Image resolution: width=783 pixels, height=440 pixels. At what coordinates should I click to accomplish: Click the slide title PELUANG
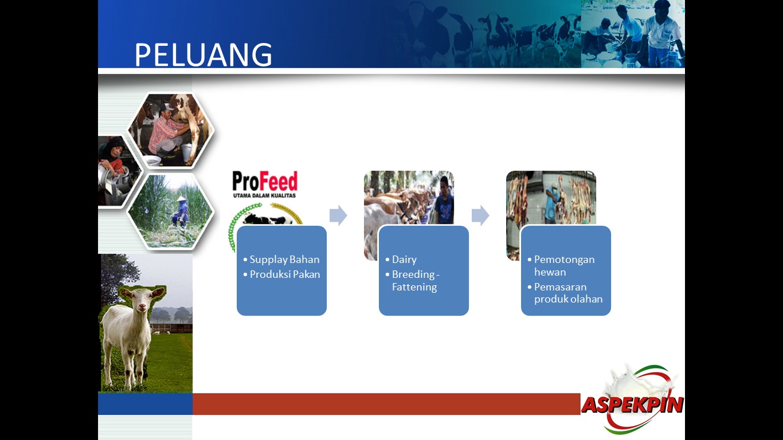coord(203,54)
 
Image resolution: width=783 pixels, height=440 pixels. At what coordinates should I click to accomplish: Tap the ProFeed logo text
coord(265,181)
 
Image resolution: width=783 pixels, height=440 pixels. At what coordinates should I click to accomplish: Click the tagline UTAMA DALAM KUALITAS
coord(265,195)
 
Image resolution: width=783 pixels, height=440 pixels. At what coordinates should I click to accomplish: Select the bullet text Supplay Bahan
coord(284,260)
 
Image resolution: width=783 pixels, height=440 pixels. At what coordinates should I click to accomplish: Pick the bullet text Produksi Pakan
coord(285,274)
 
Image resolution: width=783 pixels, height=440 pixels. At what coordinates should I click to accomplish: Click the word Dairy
coord(405,260)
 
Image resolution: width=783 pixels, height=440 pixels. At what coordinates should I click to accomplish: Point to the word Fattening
coord(414,287)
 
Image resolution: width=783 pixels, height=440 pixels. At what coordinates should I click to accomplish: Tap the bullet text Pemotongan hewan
coord(564,266)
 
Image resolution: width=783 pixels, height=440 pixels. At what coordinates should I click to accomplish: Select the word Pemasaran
coord(560,287)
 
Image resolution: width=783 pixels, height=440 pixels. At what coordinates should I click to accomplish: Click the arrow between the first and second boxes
coord(338,215)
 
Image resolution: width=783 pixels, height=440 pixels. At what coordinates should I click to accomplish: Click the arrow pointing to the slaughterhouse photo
coord(480,215)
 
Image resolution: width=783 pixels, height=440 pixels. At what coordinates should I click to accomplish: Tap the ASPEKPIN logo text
coord(632,405)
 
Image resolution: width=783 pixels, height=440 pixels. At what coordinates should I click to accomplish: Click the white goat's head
coord(142,299)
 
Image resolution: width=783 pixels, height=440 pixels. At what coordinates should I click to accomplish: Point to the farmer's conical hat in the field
coord(181,198)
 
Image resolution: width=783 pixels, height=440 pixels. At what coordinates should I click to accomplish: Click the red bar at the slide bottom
coord(386,404)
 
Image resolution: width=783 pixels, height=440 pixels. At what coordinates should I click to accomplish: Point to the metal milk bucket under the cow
coord(187,152)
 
